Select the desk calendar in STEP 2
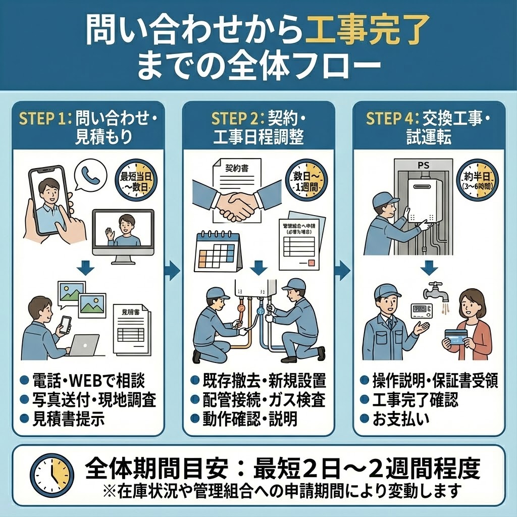[218, 251]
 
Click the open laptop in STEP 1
[85, 345]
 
